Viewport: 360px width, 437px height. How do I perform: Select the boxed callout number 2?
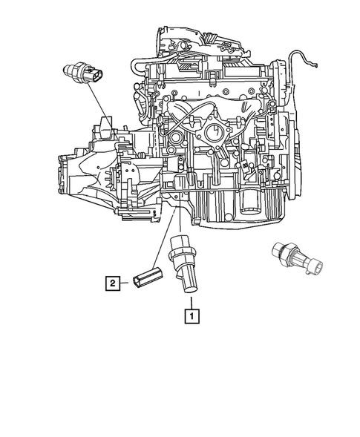click(x=111, y=282)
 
